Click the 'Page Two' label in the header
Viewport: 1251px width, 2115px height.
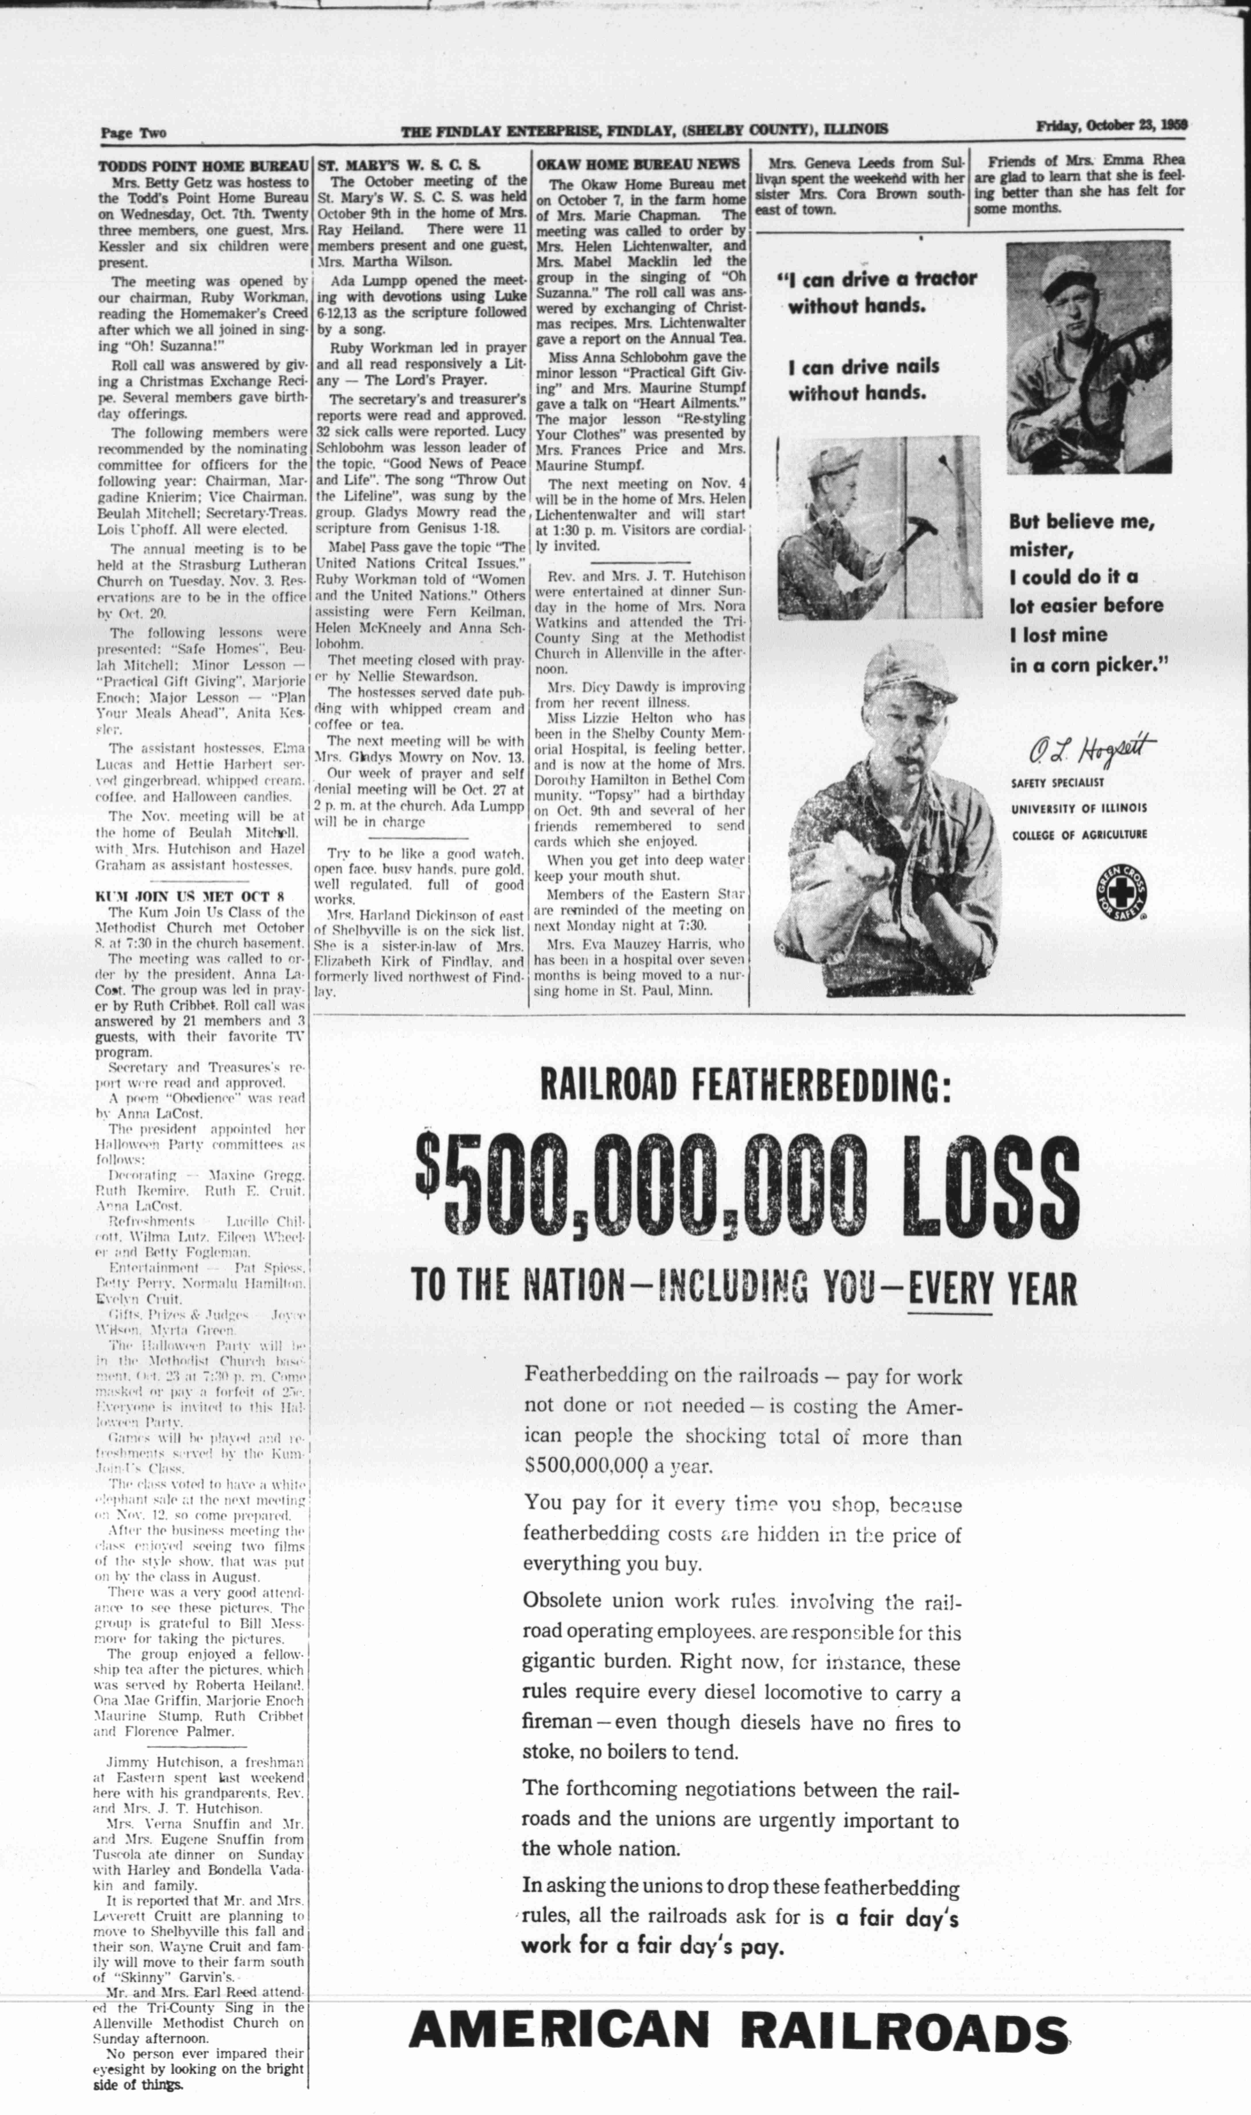click(x=133, y=132)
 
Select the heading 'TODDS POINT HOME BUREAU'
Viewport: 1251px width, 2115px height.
click(x=202, y=166)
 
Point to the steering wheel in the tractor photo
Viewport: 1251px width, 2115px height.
click(x=1138, y=354)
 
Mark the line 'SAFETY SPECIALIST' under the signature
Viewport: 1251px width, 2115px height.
click(x=1057, y=783)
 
